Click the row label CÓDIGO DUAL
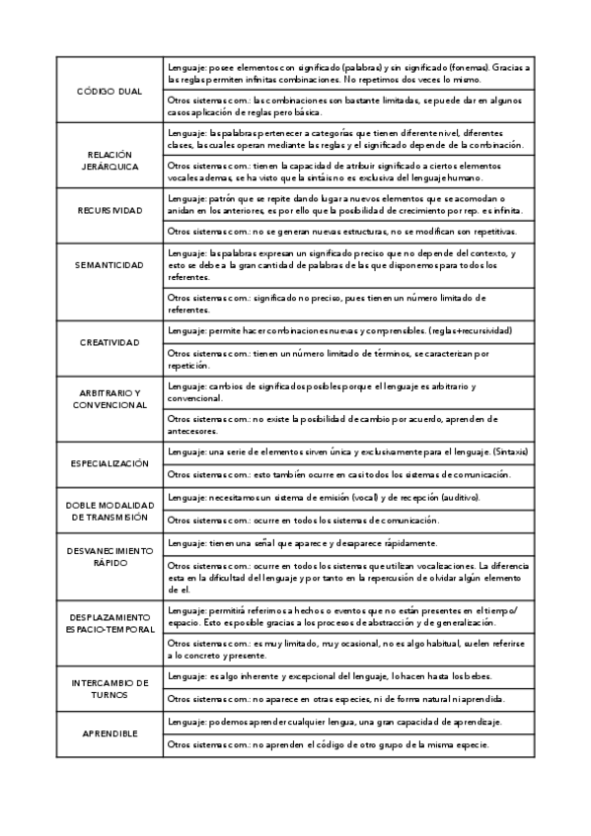tap(110, 91)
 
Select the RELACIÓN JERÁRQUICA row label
tap(110, 161)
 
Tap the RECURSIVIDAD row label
tap(110, 210)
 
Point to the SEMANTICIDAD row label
tap(110, 266)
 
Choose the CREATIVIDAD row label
tap(110, 342)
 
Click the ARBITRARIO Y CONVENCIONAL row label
tap(110, 398)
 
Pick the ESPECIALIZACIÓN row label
tap(110, 462)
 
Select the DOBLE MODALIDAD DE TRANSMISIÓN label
tap(110, 510)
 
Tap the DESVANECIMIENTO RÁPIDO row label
tap(110, 556)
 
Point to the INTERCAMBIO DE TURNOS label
tap(110, 688)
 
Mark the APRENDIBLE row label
tap(110, 734)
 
